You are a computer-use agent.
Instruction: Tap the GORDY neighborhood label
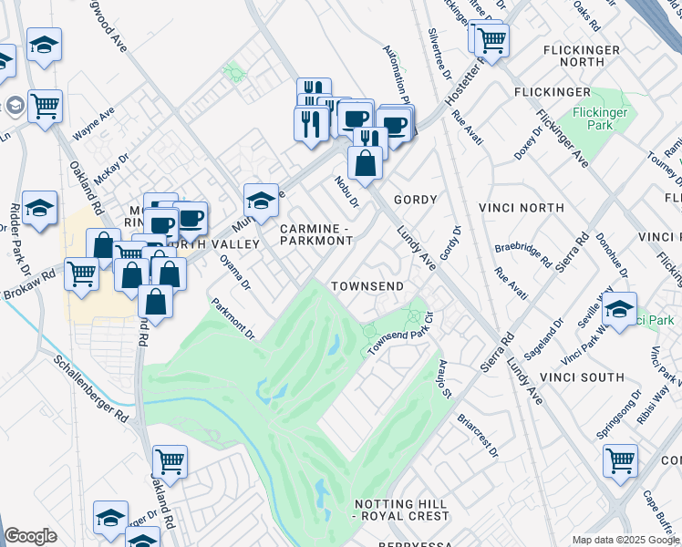[x=415, y=199]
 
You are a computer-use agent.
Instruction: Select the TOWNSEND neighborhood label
[x=367, y=286]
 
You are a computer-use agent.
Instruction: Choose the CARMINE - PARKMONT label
[x=315, y=234]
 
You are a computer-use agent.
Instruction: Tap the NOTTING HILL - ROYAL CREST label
[x=400, y=510]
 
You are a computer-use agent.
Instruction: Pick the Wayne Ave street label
[x=94, y=123]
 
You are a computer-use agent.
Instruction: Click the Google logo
[x=30, y=537]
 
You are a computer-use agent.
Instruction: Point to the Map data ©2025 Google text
[x=625, y=540]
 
